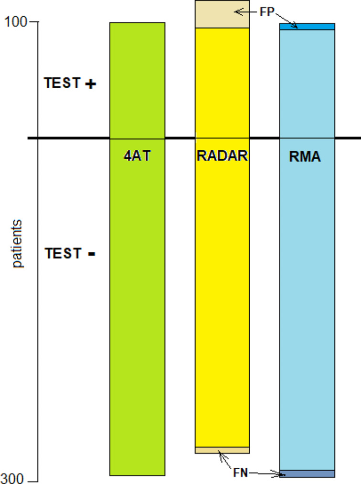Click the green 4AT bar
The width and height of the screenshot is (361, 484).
pos(137,286)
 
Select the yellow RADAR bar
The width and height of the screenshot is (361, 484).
pos(222,286)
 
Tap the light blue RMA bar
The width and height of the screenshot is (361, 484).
pos(307,286)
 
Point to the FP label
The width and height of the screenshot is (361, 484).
pos(267,12)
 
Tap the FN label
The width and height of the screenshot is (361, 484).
pos(241,474)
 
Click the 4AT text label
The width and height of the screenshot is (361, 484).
pos(137,156)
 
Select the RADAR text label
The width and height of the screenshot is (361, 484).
pos(222,156)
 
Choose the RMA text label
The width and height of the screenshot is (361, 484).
pos(305,157)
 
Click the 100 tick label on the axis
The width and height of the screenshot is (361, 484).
pos(15,22)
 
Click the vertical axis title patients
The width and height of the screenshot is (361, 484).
pos(18,243)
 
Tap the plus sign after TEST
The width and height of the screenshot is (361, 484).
pos(90,84)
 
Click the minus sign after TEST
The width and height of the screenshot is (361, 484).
pos(92,254)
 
